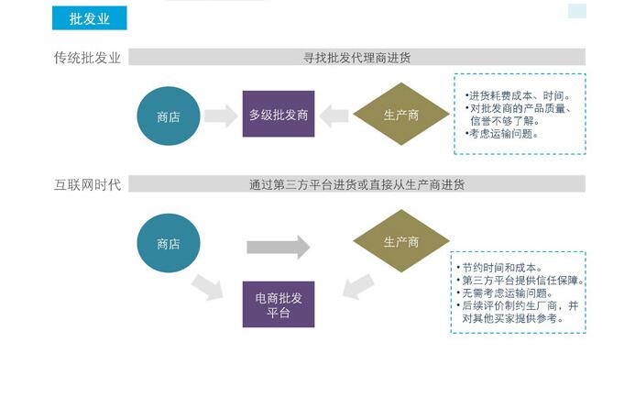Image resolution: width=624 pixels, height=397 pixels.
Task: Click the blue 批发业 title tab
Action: pos(88,18)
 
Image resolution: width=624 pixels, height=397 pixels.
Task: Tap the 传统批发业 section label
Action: pos(87,58)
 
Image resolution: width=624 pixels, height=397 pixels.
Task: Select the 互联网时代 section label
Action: pos(87,184)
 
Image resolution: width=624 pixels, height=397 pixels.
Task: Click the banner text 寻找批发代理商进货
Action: pos(356,58)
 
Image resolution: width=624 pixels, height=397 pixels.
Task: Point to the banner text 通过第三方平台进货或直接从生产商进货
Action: pos(356,184)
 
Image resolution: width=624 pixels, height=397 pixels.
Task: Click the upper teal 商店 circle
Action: pos(168,116)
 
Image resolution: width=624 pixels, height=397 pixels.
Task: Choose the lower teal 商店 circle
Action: pos(168,243)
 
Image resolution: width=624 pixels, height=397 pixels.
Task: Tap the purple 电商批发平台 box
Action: pos(278,304)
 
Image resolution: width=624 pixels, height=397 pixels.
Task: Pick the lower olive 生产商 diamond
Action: pos(400,242)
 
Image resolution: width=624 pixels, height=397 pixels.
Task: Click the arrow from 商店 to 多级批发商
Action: pos(221,116)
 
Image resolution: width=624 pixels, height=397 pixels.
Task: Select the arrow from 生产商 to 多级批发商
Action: pos(334,116)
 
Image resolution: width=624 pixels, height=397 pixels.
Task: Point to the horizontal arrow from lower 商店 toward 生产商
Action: pos(279,247)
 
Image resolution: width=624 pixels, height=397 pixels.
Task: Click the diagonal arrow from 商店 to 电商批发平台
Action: pos(208,288)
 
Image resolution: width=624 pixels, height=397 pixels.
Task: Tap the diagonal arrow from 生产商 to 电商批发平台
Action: pos(357,286)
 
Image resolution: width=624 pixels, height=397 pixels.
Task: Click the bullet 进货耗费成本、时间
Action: pos(519,95)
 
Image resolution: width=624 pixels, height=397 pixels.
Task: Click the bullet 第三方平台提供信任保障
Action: pos(522,280)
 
